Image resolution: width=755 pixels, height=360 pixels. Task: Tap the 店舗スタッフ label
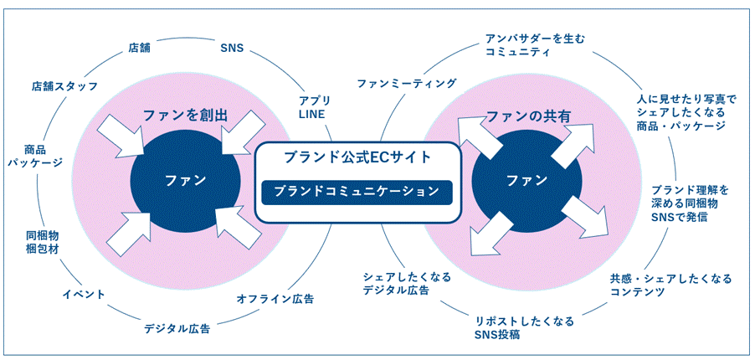coord(65,86)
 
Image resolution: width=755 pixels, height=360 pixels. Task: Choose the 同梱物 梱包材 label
coord(42,242)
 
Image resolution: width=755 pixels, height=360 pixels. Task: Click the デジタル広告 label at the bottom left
coord(177,328)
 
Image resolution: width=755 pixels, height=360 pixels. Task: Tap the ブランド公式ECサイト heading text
coord(357,157)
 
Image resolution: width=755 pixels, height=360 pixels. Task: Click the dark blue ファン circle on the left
coord(185,180)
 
